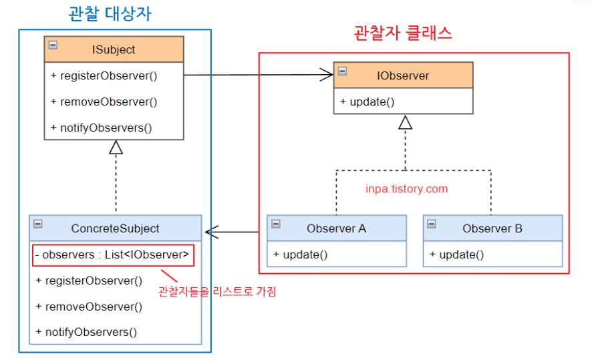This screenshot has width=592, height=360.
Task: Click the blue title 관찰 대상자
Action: pos(114,13)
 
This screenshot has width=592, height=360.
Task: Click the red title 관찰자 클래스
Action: pos(402,33)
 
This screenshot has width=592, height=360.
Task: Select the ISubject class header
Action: pos(114,49)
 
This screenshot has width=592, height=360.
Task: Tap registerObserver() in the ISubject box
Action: pos(104,75)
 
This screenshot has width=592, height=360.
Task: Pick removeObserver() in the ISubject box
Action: pos(104,102)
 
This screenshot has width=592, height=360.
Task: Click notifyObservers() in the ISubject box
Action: pos(101,128)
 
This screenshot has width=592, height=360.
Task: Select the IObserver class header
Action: pos(403,75)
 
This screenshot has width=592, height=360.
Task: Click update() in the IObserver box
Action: pos(367,102)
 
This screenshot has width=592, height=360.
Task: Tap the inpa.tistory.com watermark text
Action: pos(406,189)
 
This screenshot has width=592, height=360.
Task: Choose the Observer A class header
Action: pos(336,228)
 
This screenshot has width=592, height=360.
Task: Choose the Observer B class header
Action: pos(492,228)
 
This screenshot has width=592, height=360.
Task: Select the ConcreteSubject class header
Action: pos(115,228)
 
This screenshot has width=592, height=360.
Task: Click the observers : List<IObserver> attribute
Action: pos(112,254)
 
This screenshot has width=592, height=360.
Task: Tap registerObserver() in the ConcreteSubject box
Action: pos(89,281)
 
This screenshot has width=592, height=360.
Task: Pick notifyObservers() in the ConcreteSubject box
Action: pos(86,332)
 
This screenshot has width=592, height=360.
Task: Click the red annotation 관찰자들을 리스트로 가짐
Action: pos(216,291)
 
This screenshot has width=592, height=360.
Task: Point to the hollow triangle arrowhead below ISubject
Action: pos(116,147)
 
